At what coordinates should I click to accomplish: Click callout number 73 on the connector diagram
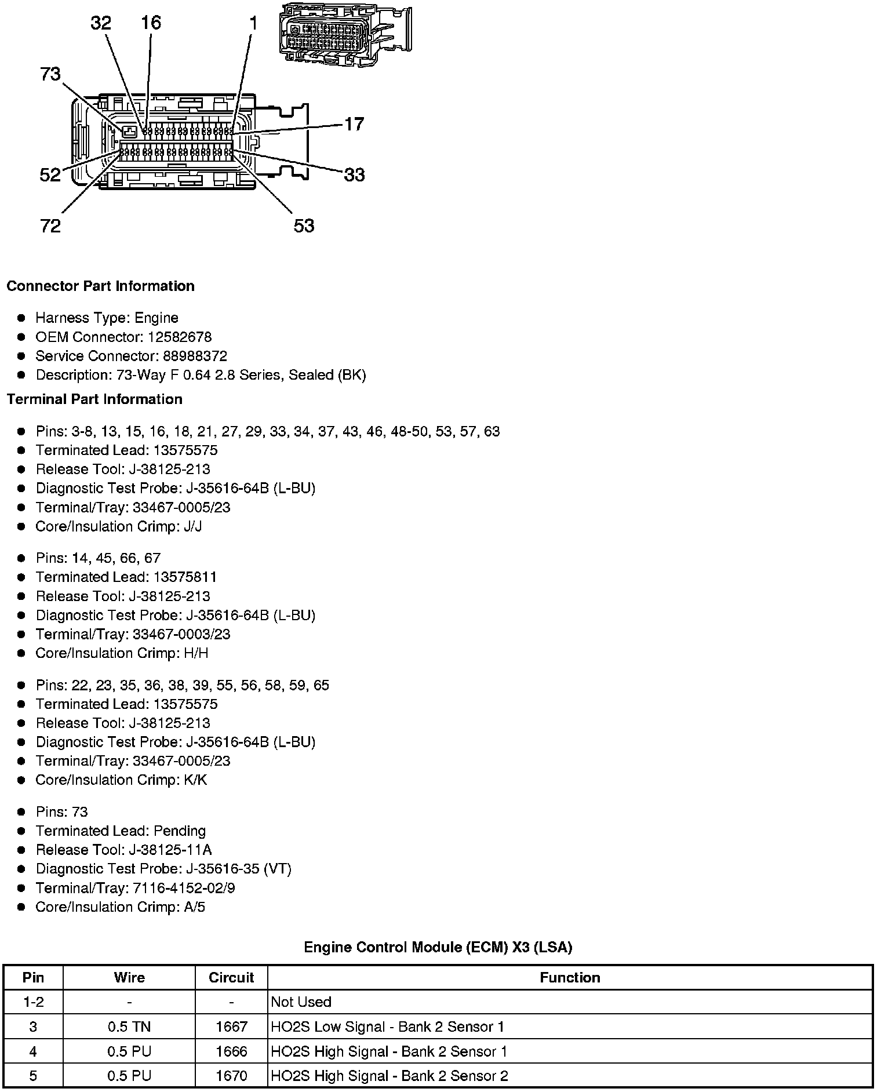click(x=50, y=74)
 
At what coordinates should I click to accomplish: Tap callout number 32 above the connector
click(x=100, y=23)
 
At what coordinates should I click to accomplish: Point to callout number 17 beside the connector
click(x=354, y=124)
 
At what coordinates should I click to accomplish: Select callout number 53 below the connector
click(x=304, y=225)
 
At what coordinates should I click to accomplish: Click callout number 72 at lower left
click(x=50, y=225)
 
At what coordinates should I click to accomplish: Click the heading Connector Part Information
click(x=100, y=286)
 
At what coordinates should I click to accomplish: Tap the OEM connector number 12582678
click(x=180, y=337)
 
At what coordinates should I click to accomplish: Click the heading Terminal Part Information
click(x=94, y=399)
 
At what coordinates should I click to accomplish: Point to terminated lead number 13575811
click(x=185, y=577)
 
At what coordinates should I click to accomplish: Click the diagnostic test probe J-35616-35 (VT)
click(x=239, y=869)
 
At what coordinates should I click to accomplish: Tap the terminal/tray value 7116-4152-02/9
click(x=184, y=888)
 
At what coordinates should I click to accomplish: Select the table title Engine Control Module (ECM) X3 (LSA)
click(x=438, y=947)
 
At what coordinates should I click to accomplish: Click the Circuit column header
click(x=231, y=978)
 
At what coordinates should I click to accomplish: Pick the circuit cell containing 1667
click(x=231, y=1027)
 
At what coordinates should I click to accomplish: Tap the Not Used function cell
click(x=301, y=1002)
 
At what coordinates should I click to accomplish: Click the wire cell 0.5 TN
click(x=129, y=1027)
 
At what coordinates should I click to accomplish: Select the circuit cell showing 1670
click(x=231, y=1076)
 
